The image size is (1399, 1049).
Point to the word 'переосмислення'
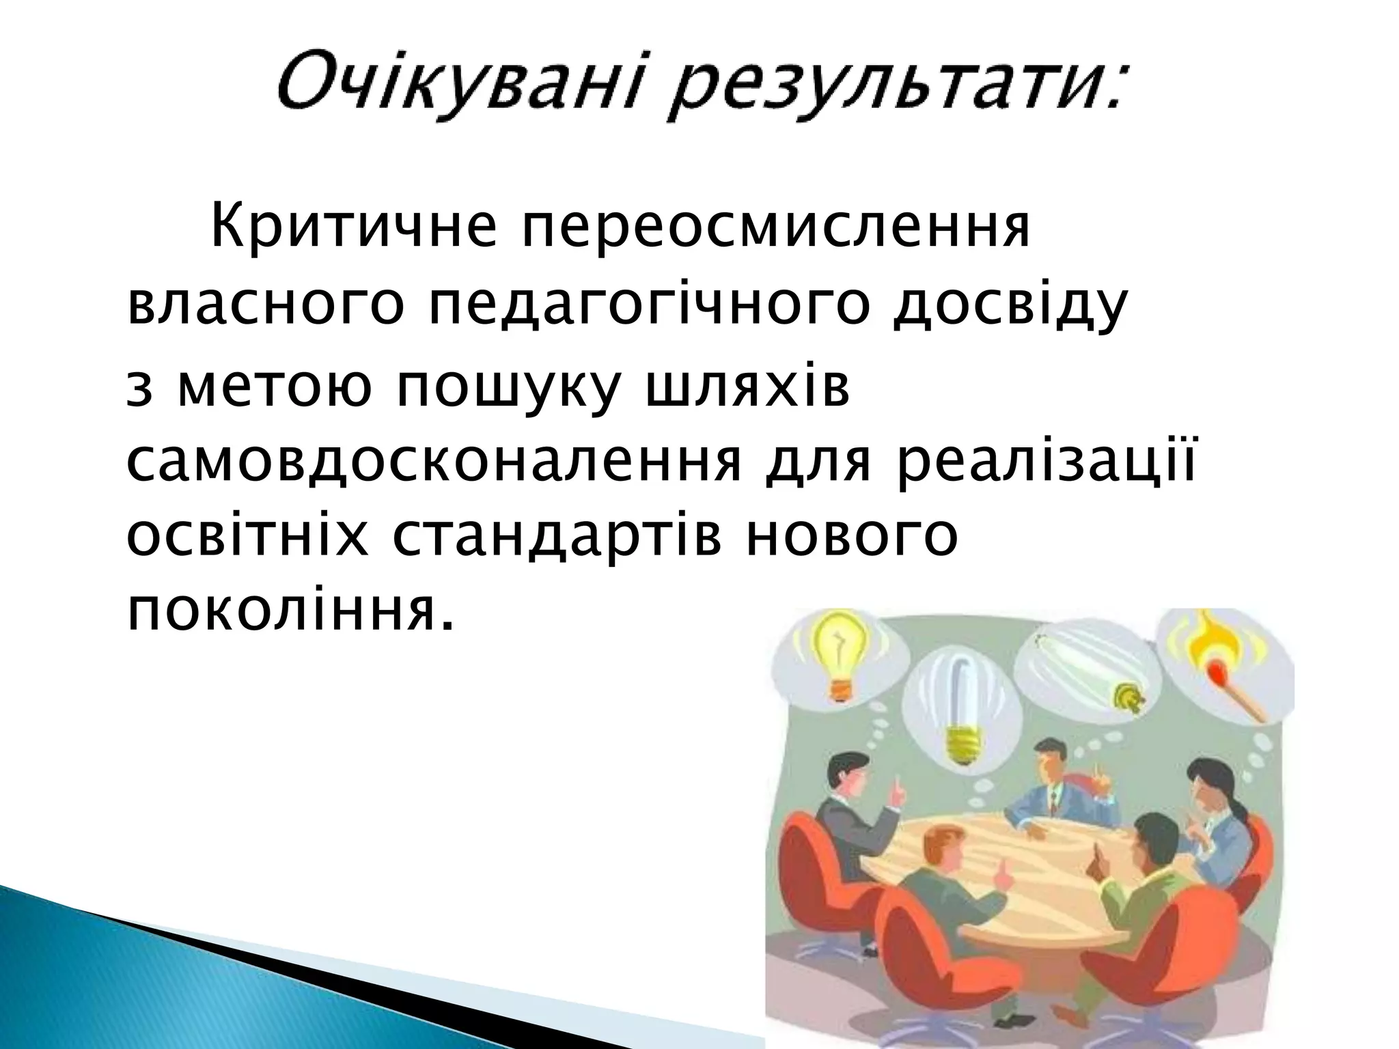pyautogui.click(x=775, y=229)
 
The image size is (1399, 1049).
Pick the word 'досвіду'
pyautogui.click(x=1008, y=306)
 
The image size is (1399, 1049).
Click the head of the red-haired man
pyautogui.click(x=943, y=844)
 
